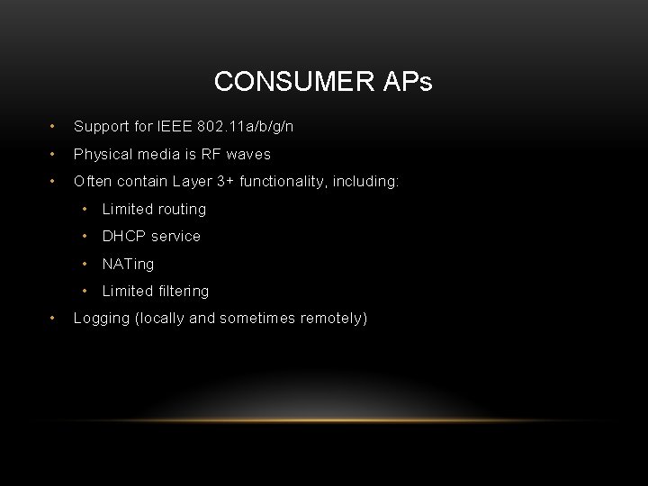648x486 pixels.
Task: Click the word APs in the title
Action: [x=407, y=83]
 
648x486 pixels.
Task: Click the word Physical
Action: [x=103, y=154]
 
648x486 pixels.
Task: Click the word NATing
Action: [x=128, y=264]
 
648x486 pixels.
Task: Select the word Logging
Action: [x=101, y=318]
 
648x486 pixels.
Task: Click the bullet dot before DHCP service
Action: [x=85, y=236]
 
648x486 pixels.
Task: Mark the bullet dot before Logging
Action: [x=55, y=318]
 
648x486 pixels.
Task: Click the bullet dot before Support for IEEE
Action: [x=55, y=127]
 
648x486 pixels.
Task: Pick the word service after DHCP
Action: [x=175, y=236]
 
